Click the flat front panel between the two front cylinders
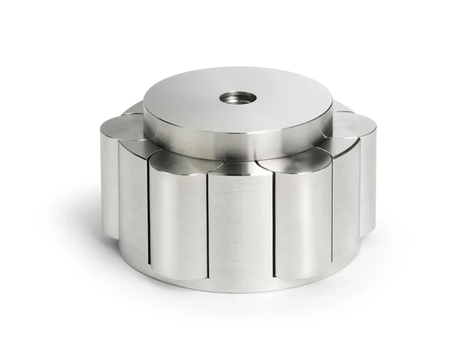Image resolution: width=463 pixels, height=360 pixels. pyautogui.click(x=240, y=226)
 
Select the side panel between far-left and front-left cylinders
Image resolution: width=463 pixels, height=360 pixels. pyautogui.click(x=133, y=203)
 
